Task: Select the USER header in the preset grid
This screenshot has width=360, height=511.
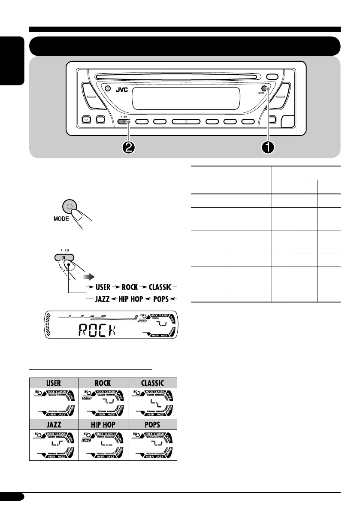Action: click(54, 383)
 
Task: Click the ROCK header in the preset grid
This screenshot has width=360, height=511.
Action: click(103, 383)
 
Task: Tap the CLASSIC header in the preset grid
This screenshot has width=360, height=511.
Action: click(152, 383)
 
